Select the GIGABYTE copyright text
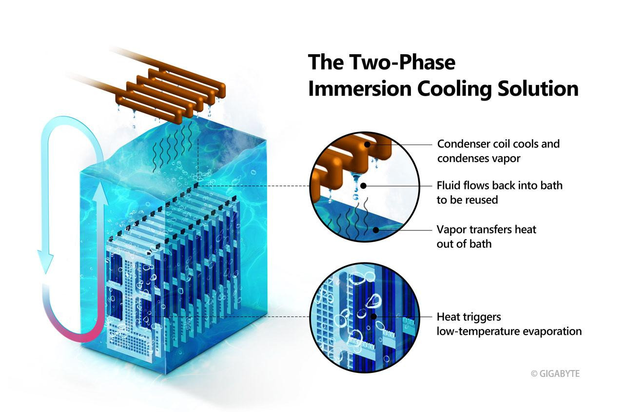(555, 373)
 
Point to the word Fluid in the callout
(448, 185)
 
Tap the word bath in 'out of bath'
(481, 244)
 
